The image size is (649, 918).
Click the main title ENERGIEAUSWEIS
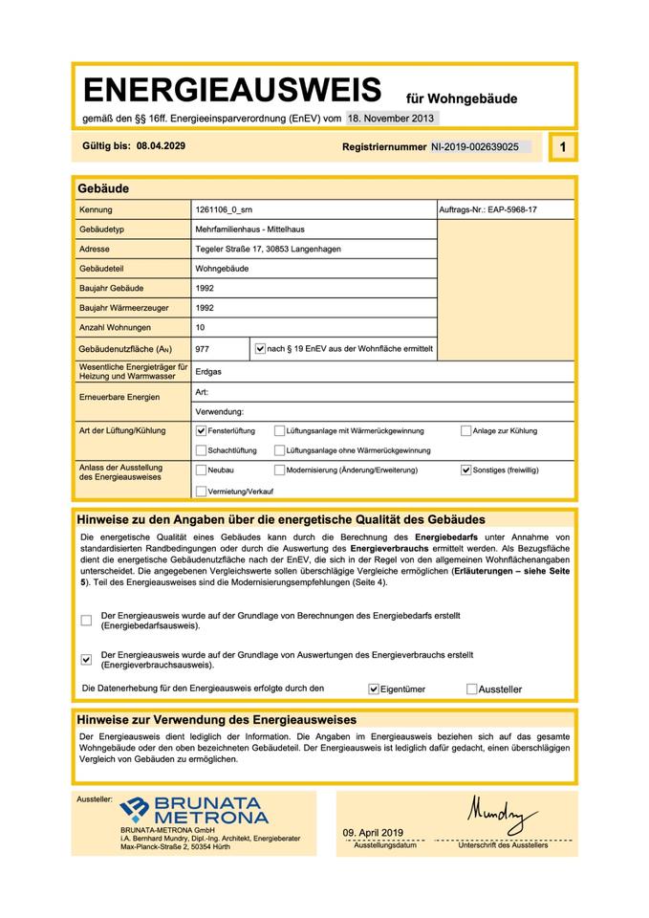tap(232, 91)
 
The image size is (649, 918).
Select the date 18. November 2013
tap(392, 119)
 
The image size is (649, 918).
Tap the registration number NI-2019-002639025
tap(474, 147)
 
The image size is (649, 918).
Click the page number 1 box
tap(563, 147)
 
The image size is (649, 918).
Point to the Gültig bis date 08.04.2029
tap(161, 146)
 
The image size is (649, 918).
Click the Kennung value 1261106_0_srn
tap(225, 209)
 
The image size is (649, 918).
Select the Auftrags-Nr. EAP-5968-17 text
tap(487, 209)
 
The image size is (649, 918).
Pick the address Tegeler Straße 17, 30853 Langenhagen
tap(268, 249)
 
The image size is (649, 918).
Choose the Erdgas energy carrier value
tap(208, 371)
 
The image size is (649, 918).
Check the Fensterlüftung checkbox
tap(201, 431)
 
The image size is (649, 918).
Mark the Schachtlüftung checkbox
tap(201, 450)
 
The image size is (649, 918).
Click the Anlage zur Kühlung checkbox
tap(466, 431)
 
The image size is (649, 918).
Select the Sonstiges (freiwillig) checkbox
tap(466, 470)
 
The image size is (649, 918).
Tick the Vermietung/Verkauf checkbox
tap(201, 491)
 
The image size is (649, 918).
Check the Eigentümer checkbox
tap(374, 688)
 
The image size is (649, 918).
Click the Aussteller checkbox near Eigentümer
tap(472, 688)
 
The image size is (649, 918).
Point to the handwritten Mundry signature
tap(502, 815)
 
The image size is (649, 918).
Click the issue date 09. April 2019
tap(374, 833)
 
